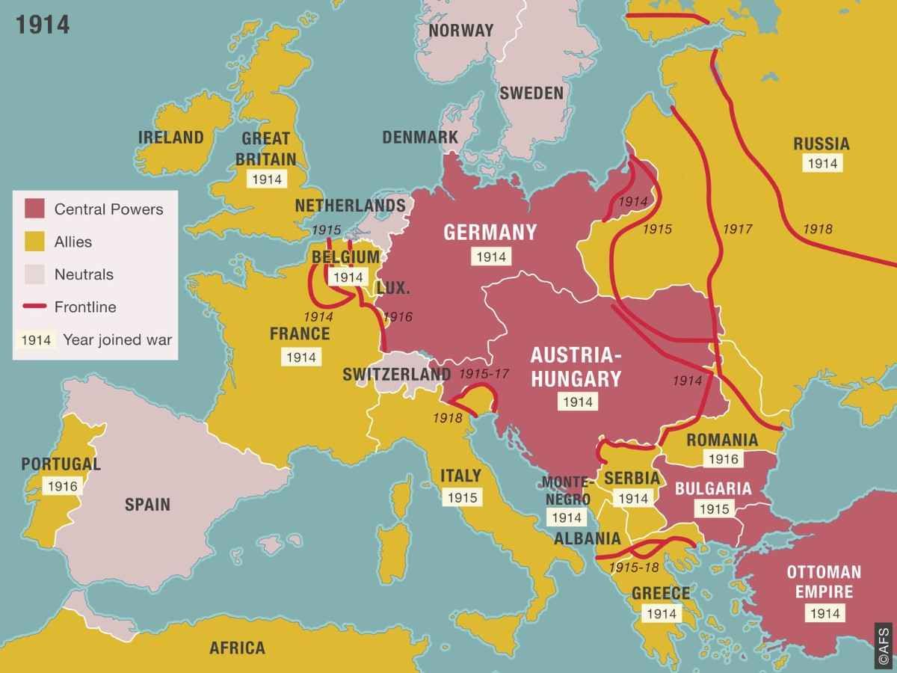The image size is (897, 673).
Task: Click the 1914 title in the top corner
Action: [43, 24]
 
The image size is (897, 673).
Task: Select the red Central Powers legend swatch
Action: [35, 209]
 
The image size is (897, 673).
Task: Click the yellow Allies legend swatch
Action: [35, 242]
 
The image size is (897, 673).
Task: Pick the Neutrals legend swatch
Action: [35, 274]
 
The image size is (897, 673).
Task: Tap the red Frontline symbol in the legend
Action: [35, 307]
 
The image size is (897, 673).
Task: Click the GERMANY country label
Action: [490, 232]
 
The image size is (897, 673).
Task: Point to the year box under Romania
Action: [721, 460]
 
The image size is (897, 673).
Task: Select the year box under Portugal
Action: [61, 485]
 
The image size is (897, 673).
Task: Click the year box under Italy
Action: [461, 497]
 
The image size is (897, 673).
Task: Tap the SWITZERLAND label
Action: [396, 374]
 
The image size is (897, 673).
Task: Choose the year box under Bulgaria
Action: [712, 509]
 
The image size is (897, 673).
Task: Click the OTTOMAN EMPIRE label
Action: [823, 582]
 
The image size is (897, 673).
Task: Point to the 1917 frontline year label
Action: [738, 229]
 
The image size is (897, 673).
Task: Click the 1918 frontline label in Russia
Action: [817, 229]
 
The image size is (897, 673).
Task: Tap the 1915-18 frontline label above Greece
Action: [634, 568]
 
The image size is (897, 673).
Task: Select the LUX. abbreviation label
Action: [392, 289]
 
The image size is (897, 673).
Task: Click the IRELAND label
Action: [170, 137]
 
